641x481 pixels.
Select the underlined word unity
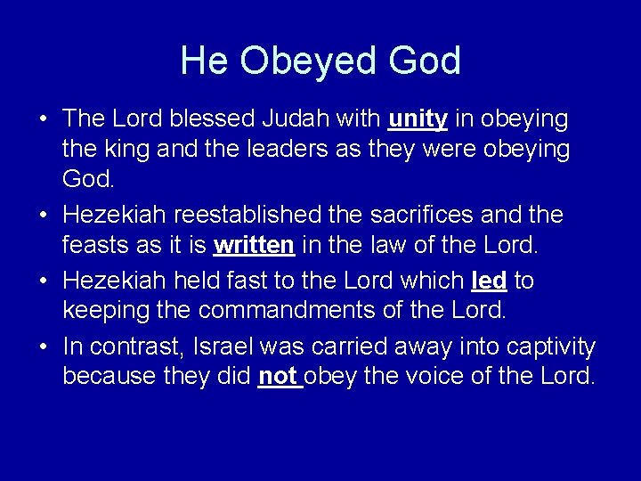(418, 118)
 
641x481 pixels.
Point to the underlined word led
(488, 281)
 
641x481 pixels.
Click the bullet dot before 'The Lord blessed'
(44, 119)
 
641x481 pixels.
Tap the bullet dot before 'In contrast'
(44, 346)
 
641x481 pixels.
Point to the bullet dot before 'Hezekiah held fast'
(44, 281)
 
